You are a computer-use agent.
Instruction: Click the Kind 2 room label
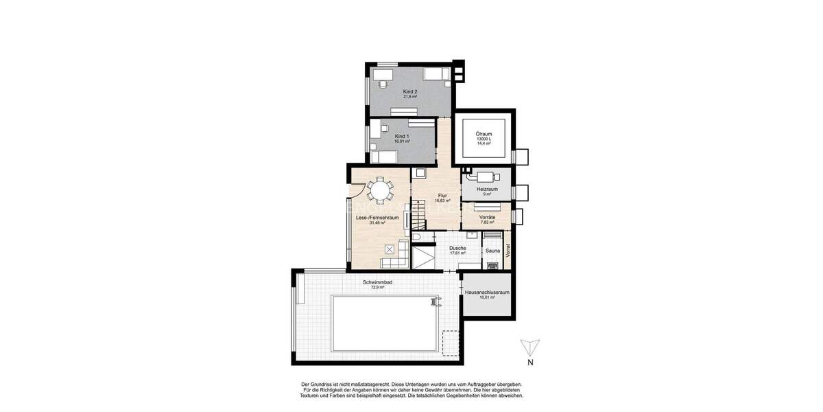[410, 91]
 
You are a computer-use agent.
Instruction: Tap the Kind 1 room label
[402, 136]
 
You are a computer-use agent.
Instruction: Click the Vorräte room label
[487, 217]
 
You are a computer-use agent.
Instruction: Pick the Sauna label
[492, 251]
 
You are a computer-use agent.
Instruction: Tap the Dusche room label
[457, 248]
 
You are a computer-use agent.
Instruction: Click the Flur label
[442, 196]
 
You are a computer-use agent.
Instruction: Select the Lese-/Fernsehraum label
[377, 218]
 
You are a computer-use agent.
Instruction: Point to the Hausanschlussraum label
[487, 293]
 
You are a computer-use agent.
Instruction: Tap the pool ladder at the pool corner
[433, 301]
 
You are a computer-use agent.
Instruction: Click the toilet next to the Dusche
[418, 237]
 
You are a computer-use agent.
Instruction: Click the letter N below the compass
[530, 362]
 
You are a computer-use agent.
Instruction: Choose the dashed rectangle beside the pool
[451, 343]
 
